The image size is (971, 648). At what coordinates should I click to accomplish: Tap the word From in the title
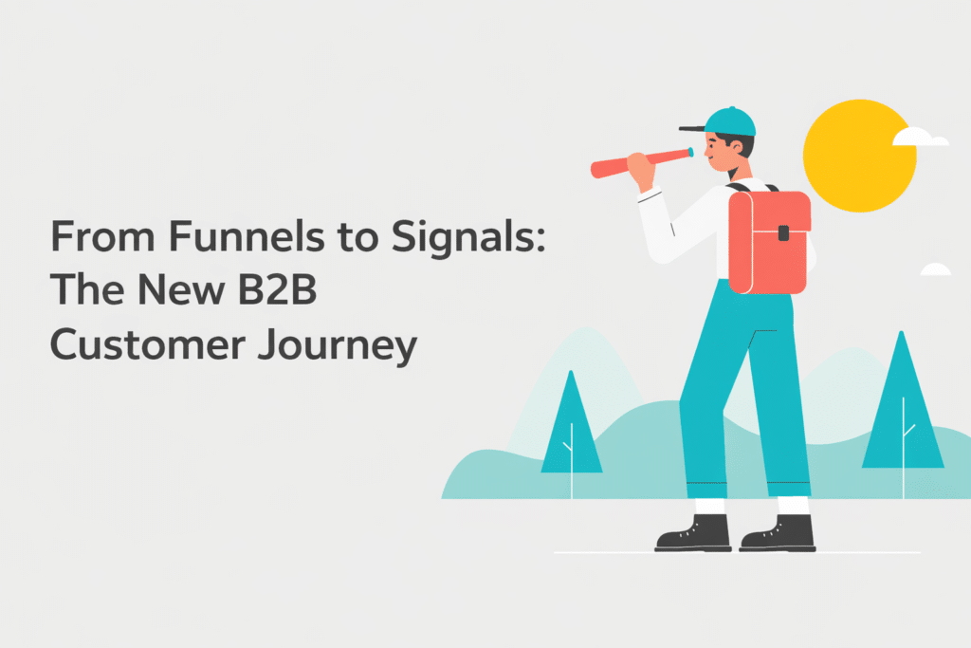click(x=90, y=236)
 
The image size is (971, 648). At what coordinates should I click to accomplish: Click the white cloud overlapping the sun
click(x=920, y=139)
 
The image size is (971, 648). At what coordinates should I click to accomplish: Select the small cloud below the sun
click(x=935, y=270)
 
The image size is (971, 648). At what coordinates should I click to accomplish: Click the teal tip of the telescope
click(x=689, y=152)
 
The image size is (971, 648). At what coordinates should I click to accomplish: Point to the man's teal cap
click(x=731, y=121)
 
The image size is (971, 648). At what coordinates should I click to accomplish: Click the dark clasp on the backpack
click(x=784, y=231)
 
